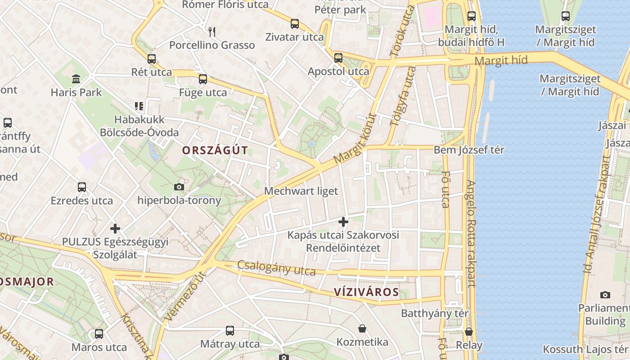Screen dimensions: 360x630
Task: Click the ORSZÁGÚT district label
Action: point(215,150)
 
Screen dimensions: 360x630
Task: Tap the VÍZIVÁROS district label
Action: point(366,292)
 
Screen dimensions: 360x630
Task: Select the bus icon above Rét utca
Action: point(152,59)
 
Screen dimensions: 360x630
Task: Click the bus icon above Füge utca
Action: point(203,80)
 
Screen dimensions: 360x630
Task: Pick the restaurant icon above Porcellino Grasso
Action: point(212,31)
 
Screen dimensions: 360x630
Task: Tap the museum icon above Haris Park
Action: point(76,79)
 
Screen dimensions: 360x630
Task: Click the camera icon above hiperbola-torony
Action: point(179,187)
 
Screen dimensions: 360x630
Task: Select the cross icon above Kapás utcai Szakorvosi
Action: point(343,222)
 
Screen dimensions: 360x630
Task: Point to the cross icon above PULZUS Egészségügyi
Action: point(115,229)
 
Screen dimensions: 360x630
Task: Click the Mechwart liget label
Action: point(301,191)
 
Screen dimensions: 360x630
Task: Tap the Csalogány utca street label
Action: point(276,268)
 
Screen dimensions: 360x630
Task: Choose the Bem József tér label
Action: point(469,150)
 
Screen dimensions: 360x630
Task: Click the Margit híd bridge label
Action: point(501,60)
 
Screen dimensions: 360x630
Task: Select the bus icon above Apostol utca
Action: point(338,58)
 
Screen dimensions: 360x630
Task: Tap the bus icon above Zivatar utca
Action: point(295,24)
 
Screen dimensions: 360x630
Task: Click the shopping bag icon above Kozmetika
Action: point(362,328)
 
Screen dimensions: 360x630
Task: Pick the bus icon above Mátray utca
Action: point(230,331)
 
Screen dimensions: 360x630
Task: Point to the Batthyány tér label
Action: point(435,313)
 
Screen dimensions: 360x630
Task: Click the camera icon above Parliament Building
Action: point(605,295)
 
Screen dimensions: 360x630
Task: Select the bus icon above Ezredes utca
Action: point(82,187)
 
